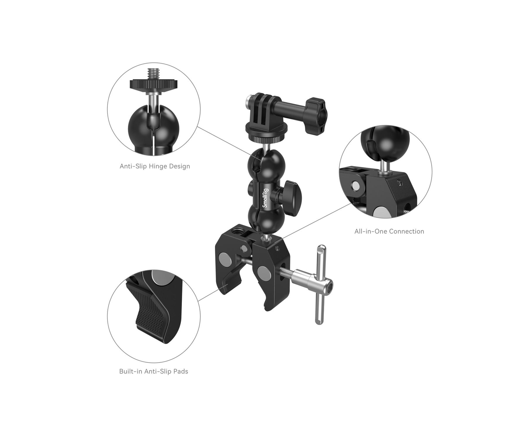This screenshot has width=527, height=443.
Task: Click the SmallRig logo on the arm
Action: tap(265, 198)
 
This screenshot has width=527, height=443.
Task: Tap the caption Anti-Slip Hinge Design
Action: tap(155, 166)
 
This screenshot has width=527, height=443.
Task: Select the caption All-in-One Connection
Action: tap(389, 231)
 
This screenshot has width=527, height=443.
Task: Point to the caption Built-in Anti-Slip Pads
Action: tap(154, 372)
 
